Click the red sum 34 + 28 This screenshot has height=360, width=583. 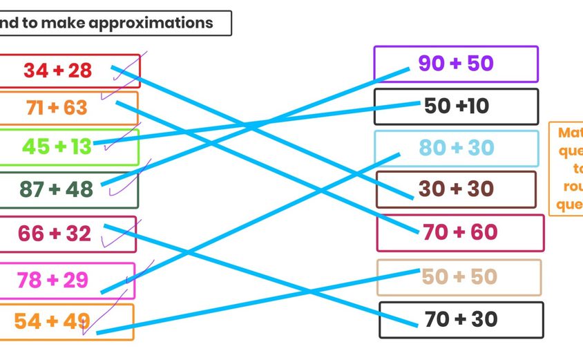58,70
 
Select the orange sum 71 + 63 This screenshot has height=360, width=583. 57,108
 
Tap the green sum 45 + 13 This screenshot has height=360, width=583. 57,146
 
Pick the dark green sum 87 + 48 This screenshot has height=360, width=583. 57,189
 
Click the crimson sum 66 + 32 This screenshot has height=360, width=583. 55,234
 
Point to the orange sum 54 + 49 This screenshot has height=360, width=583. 52,321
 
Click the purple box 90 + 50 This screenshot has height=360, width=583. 456,64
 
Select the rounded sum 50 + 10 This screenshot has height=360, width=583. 457,106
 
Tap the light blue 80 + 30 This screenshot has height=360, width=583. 457,147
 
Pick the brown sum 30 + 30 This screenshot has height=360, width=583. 456,189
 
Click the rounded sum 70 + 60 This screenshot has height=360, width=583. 460,232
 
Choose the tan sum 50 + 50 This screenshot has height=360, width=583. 459,276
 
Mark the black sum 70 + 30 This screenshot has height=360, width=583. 461,319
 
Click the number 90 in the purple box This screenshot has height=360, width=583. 431,64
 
